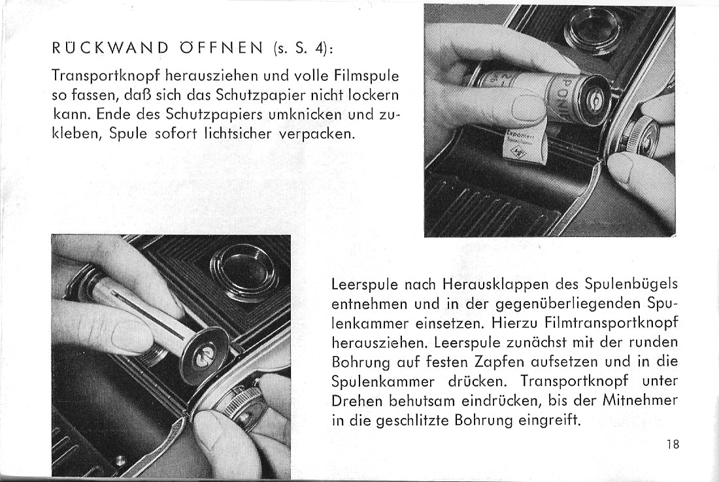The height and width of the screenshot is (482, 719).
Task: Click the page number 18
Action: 673,445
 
